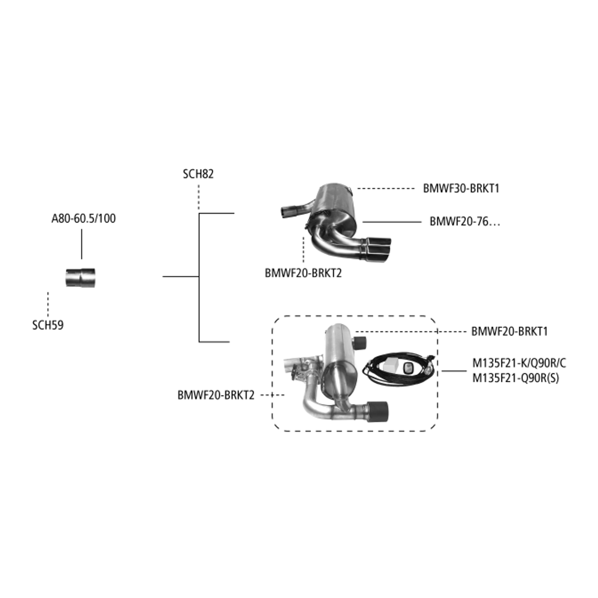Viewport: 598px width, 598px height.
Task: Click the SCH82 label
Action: [198, 174]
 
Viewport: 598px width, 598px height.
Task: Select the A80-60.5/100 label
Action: [84, 219]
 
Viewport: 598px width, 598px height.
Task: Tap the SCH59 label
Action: [48, 325]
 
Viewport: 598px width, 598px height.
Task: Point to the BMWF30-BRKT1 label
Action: [461, 189]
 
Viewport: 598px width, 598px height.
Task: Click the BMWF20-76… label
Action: [464, 222]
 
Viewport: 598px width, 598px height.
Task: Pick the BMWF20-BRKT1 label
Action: [510, 331]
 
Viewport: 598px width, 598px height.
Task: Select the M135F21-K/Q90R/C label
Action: [519, 363]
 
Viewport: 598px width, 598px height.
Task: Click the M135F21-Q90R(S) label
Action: [516, 378]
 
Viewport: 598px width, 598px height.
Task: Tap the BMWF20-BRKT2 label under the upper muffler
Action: [303, 273]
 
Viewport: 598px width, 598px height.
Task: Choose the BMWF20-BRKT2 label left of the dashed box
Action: [216, 395]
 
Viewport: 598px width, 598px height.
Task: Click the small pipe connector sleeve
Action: [80, 277]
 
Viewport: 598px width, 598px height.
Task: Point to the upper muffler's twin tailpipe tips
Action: [376, 249]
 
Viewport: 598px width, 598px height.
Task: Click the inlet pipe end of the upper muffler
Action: [286, 212]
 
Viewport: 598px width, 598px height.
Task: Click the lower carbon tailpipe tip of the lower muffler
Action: [377, 412]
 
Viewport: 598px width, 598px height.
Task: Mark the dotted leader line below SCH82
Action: [199, 197]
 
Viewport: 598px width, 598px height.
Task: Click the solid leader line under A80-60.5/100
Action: [82, 244]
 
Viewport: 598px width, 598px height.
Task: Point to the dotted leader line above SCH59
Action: [48, 304]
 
